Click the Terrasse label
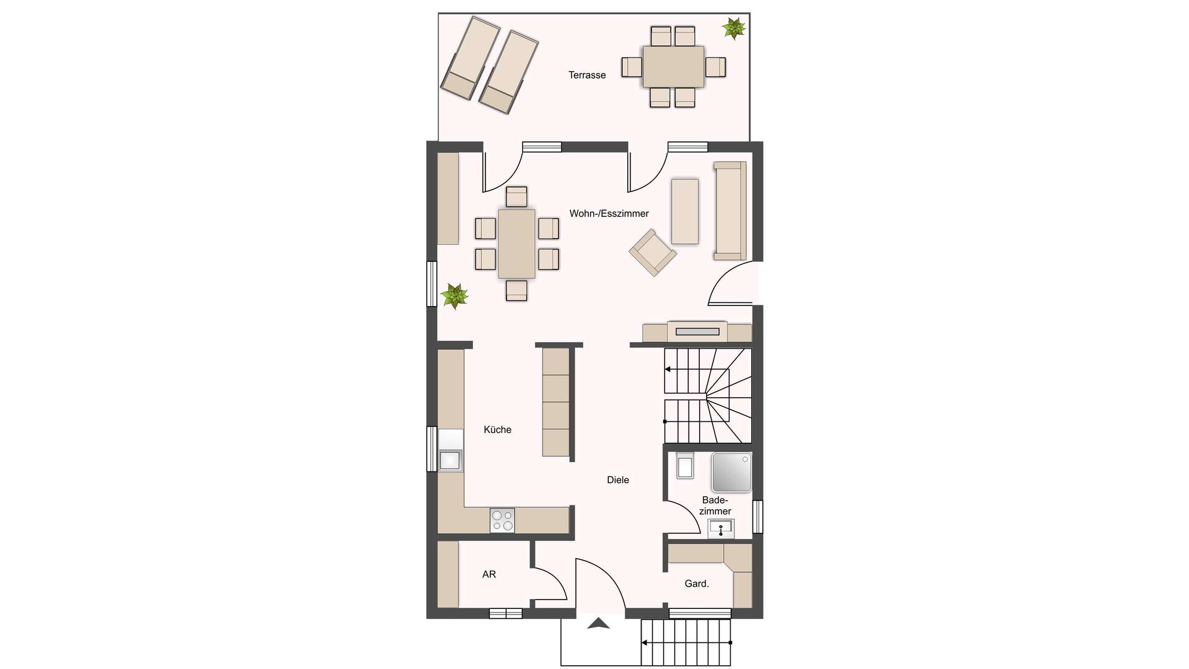click(x=587, y=75)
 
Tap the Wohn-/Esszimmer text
click(x=609, y=214)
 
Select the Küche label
click(x=497, y=430)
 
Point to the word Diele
click(x=617, y=480)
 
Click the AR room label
click(x=489, y=574)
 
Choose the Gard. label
click(x=697, y=584)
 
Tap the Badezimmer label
click(x=715, y=505)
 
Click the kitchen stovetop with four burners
click(x=502, y=520)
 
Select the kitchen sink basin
click(x=450, y=460)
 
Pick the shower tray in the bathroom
click(x=731, y=472)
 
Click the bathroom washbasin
click(x=721, y=529)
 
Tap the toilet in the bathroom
click(x=685, y=466)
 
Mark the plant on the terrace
click(x=734, y=28)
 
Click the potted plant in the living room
click(x=455, y=296)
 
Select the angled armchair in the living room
click(x=652, y=252)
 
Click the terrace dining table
click(x=673, y=66)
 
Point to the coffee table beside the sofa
click(x=685, y=211)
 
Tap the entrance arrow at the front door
click(x=598, y=623)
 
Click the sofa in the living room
click(x=730, y=211)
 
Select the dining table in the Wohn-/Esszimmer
click(x=516, y=244)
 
